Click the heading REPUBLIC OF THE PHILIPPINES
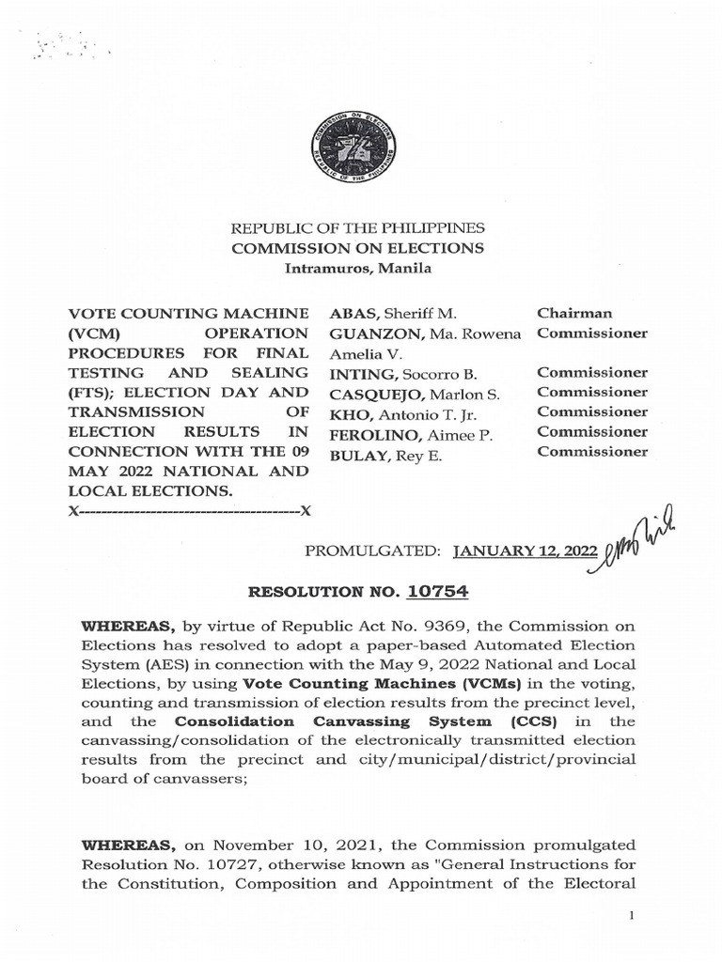tap(358, 228)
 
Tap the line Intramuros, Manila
tap(358, 269)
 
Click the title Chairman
tap(574, 313)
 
